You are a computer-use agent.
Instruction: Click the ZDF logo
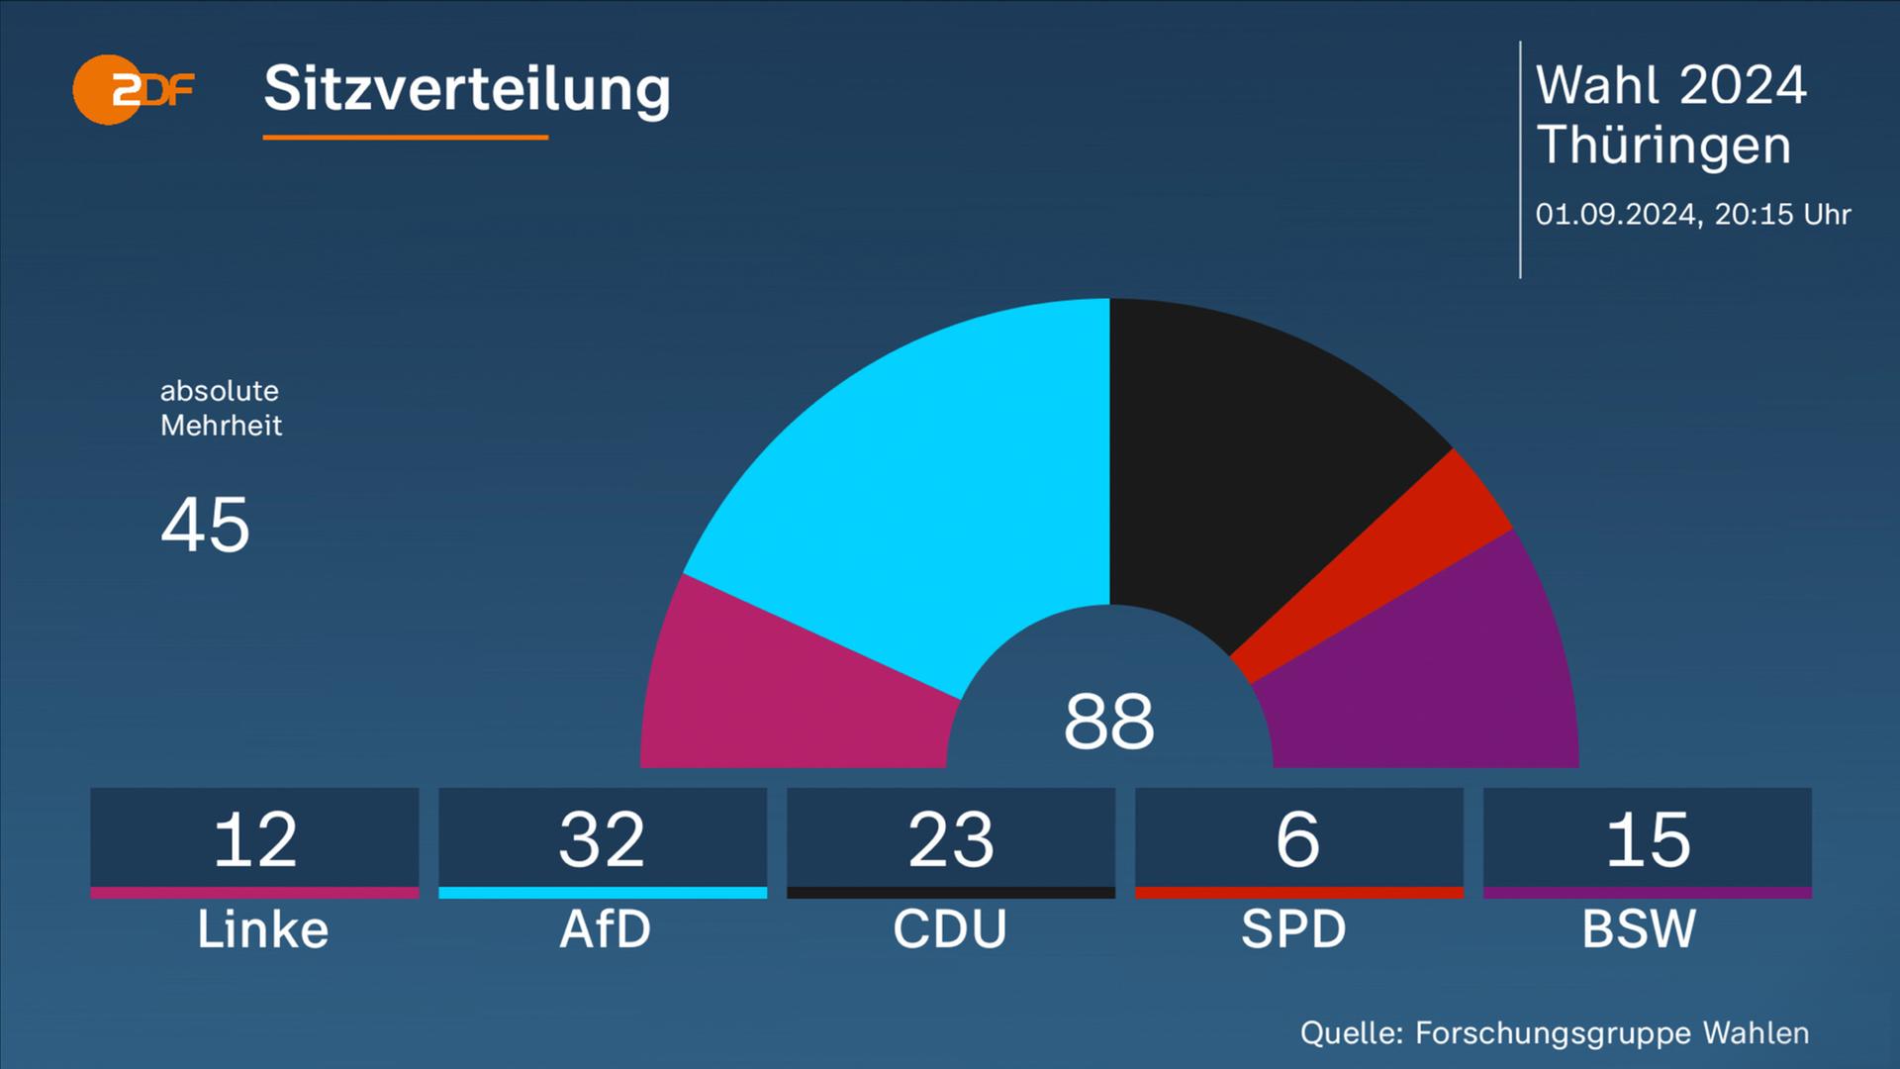(x=133, y=90)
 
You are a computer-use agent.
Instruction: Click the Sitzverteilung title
(x=467, y=89)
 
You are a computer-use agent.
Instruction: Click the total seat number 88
(x=1108, y=722)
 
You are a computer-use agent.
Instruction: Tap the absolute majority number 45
(x=205, y=525)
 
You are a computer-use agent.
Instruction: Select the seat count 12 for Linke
(x=255, y=840)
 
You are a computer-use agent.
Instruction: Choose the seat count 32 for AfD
(x=603, y=840)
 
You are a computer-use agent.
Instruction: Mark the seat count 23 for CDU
(x=951, y=840)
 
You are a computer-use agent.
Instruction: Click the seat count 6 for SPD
(x=1298, y=840)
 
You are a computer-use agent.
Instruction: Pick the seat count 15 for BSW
(x=1648, y=840)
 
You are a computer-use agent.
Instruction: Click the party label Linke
(x=262, y=929)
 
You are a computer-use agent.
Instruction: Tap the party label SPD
(x=1293, y=929)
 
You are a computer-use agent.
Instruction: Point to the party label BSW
(x=1639, y=929)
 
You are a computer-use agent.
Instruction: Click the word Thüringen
(x=1663, y=146)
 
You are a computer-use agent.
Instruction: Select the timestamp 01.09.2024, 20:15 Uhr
(x=1692, y=215)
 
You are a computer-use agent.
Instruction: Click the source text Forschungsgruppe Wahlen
(x=1612, y=1033)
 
